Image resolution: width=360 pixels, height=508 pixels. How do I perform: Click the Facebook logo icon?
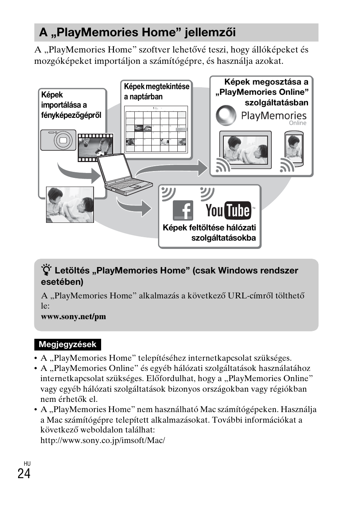183,210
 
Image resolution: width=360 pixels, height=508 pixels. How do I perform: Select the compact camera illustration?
58,140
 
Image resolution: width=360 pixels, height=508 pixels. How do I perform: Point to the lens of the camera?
63,141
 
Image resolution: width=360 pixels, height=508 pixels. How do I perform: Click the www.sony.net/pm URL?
74,317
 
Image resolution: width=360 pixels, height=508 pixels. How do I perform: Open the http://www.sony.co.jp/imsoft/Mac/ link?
103,440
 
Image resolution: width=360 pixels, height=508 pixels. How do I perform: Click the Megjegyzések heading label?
68,344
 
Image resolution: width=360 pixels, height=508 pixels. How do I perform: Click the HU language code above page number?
26,463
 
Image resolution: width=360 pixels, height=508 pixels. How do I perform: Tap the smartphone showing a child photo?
294,149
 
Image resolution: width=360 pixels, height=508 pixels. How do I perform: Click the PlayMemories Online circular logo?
226,116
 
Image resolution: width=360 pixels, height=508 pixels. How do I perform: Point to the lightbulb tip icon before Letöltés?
46,271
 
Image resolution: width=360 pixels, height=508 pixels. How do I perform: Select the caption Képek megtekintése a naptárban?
156,91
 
